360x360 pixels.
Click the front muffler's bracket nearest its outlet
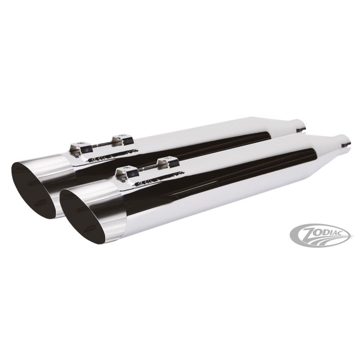127,172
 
